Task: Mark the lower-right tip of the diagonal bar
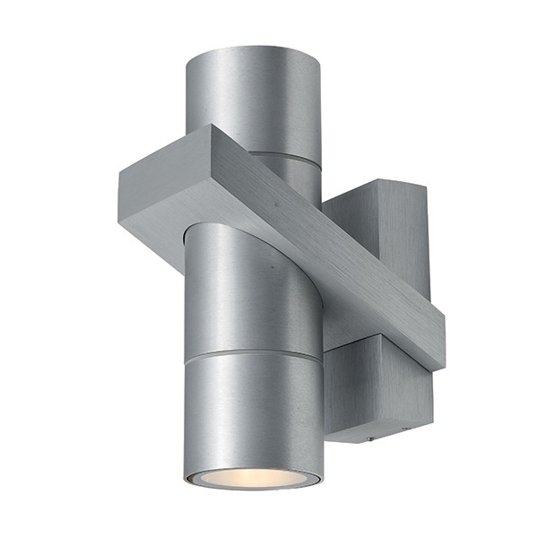click(441, 366)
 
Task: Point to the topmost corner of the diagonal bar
click(213, 126)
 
